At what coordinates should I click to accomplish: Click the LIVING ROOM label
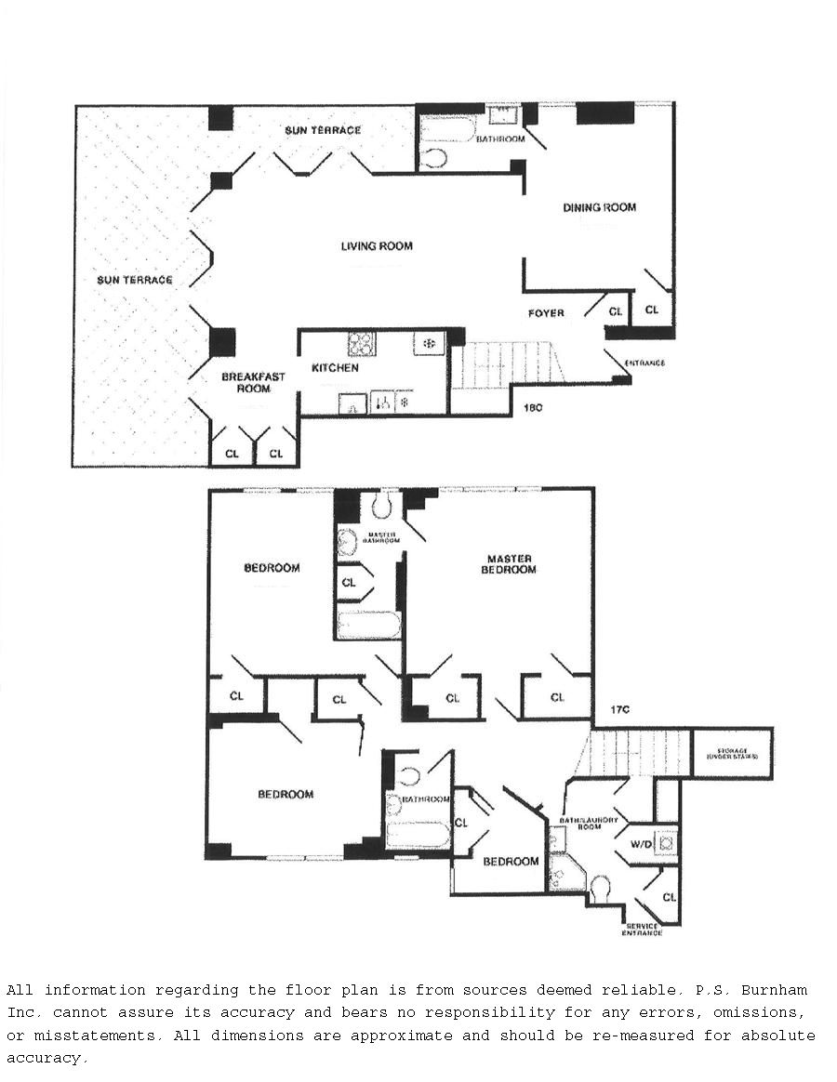pyautogui.click(x=377, y=246)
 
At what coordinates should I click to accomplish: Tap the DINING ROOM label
pyautogui.click(x=600, y=207)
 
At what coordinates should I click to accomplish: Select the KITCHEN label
pyautogui.click(x=335, y=369)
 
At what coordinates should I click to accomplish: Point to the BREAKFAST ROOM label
pyautogui.click(x=253, y=383)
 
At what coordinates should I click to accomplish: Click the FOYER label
pyautogui.click(x=546, y=313)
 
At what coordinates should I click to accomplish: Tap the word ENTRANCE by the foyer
pyautogui.click(x=644, y=363)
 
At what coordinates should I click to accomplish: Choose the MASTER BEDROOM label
pyautogui.click(x=509, y=564)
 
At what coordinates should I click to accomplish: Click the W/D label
pyautogui.click(x=641, y=845)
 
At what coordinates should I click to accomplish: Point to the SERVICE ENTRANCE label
pyautogui.click(x=644, y=929)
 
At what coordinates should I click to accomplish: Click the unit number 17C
pyautogui.click(x=620, y=710)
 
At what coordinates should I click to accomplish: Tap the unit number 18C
pyautogui.click(x=532, y=407)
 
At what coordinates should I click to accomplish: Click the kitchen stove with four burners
pyautogui.click(x=361, y=344)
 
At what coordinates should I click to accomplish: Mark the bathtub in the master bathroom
pyautogui.click(x=368, y=625)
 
